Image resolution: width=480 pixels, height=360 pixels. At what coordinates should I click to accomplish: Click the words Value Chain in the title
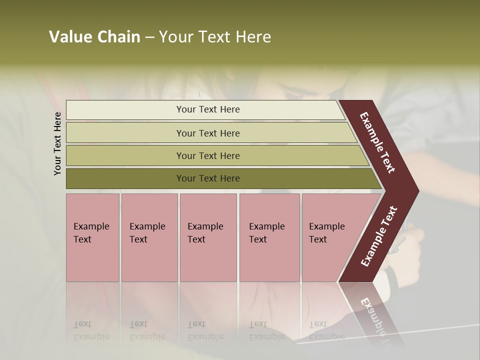tap(94, 37)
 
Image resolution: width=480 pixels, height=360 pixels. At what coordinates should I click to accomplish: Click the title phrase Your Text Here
tap(215, 37)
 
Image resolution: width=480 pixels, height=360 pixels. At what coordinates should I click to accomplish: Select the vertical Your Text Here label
tap(57, 143)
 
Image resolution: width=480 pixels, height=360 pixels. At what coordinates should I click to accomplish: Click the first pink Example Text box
tap(92, 237)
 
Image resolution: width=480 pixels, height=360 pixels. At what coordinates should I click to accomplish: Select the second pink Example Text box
tap(149, 237)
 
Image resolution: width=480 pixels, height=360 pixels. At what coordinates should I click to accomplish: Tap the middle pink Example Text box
tap(208, 237)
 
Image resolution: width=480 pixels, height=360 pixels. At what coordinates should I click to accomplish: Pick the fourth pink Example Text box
tap(269, 237)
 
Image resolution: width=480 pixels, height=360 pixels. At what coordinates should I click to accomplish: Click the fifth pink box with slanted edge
tap(330, 237)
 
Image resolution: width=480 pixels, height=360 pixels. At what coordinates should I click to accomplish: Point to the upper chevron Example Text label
tap(377, 143)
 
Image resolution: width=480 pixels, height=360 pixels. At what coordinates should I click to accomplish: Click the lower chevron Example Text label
tap(379, 236)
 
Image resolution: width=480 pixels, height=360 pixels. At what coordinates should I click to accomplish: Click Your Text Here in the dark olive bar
tap(208, 178)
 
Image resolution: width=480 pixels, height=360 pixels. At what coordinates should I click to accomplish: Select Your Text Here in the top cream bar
tap(208, 109)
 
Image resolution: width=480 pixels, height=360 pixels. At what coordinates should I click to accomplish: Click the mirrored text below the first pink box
tap(91, 330)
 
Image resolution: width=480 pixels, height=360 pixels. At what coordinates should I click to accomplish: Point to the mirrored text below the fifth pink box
tap(327, 330)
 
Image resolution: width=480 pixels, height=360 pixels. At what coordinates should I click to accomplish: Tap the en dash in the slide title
tap(149, 37)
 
